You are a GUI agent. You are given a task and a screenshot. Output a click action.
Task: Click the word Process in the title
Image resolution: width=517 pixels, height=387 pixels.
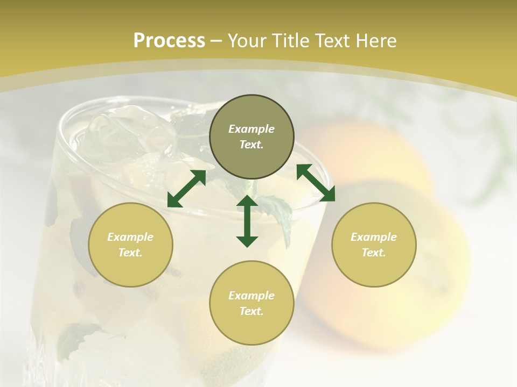click(169, 41)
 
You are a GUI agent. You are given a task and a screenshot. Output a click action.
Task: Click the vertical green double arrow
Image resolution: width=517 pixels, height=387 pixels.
click(247, 221)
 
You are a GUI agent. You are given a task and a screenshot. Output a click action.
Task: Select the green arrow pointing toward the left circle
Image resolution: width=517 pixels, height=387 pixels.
click(186, 189)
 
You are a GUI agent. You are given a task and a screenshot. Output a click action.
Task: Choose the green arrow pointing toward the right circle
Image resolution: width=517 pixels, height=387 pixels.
click(316, 183)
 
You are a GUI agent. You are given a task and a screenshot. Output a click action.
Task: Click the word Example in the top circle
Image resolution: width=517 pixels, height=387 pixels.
click(251, 129)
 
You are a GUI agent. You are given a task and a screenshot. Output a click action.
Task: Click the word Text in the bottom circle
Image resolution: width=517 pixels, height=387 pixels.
click(251, 311)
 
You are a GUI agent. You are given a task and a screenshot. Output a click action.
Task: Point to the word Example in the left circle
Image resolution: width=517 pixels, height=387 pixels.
click(130, 237)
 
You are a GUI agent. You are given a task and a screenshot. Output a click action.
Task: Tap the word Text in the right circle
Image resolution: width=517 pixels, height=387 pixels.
click(374, 253)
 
